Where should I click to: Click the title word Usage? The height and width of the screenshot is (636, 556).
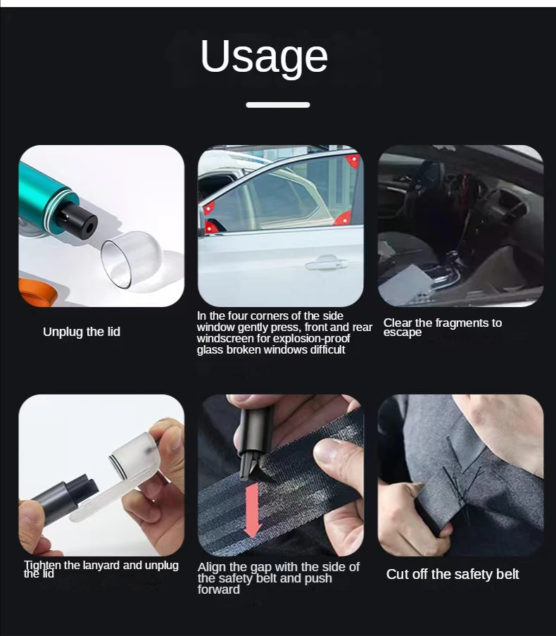pos(264,56)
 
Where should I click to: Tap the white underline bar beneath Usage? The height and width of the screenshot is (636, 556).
pos(277,105)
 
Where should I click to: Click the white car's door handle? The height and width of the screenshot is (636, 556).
pos(327,264)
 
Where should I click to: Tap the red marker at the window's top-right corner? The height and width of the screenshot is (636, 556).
pos(353,161)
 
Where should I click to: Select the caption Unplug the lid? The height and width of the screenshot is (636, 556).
pos(82,332)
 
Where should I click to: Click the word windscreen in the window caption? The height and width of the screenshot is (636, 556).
pos(225,339)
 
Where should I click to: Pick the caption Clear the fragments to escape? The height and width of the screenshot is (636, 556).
pos(442,328)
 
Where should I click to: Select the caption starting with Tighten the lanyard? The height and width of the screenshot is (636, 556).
pos(101,569)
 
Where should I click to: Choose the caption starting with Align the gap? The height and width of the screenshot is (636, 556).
pos(278,578)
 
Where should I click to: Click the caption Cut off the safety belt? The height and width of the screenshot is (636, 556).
pos(453,574)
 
